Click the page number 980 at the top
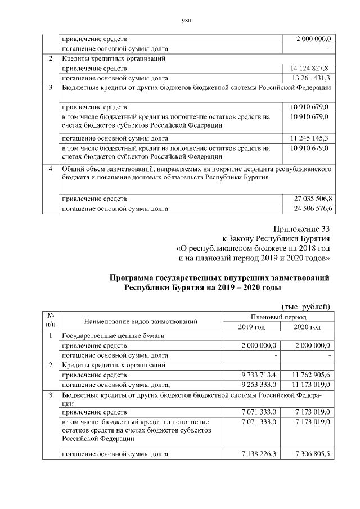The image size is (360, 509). (x=187, y=21)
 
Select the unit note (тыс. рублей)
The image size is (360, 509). (x=305, y=306)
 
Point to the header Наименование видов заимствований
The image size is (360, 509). (x=141, y=322)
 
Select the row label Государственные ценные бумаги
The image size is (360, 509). (x=112, y=336)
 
